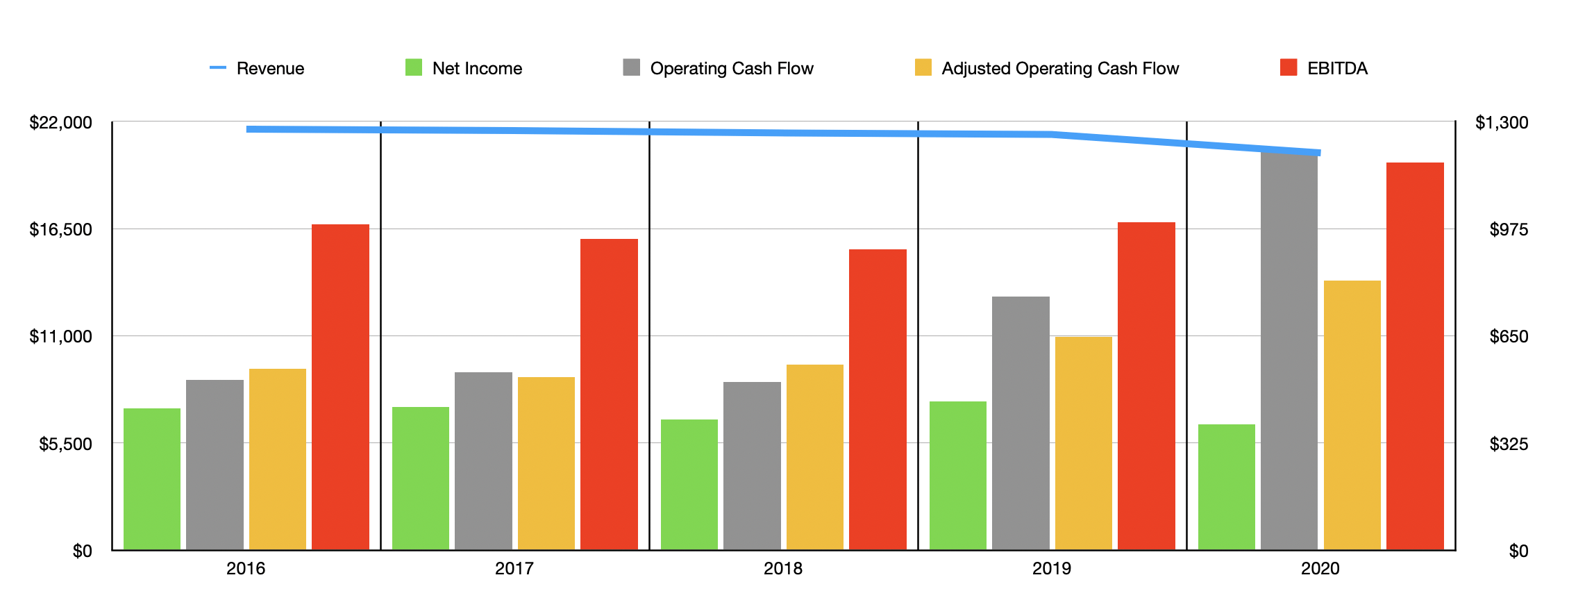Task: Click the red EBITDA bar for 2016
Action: tap(340, 387)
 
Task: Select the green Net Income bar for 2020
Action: tap(1226, 487)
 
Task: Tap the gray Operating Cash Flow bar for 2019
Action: tap(1021, 423)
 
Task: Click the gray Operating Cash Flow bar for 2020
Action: tap(1289, 351)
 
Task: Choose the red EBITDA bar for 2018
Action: tap(878, 399)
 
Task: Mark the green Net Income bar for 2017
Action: tap(420, 479)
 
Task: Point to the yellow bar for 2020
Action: tap(1352, 415)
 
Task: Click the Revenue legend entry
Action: tap(257, 68)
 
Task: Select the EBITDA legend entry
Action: tap(1323, 68)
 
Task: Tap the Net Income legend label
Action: tap(477, 68)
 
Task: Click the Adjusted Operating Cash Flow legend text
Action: tap(1059, 68)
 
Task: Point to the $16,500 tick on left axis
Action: tap(60, 230)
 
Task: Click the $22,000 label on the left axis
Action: tap(60, 123)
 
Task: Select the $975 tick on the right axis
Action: tap(1508, 230)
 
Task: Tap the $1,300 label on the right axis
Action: tap(1501, 123)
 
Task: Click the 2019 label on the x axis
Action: tap(1051, 569)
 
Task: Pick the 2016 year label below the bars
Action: tap(245, 569)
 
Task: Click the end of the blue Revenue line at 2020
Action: tap(1318, 152)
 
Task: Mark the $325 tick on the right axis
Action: tap(1508, 444)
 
